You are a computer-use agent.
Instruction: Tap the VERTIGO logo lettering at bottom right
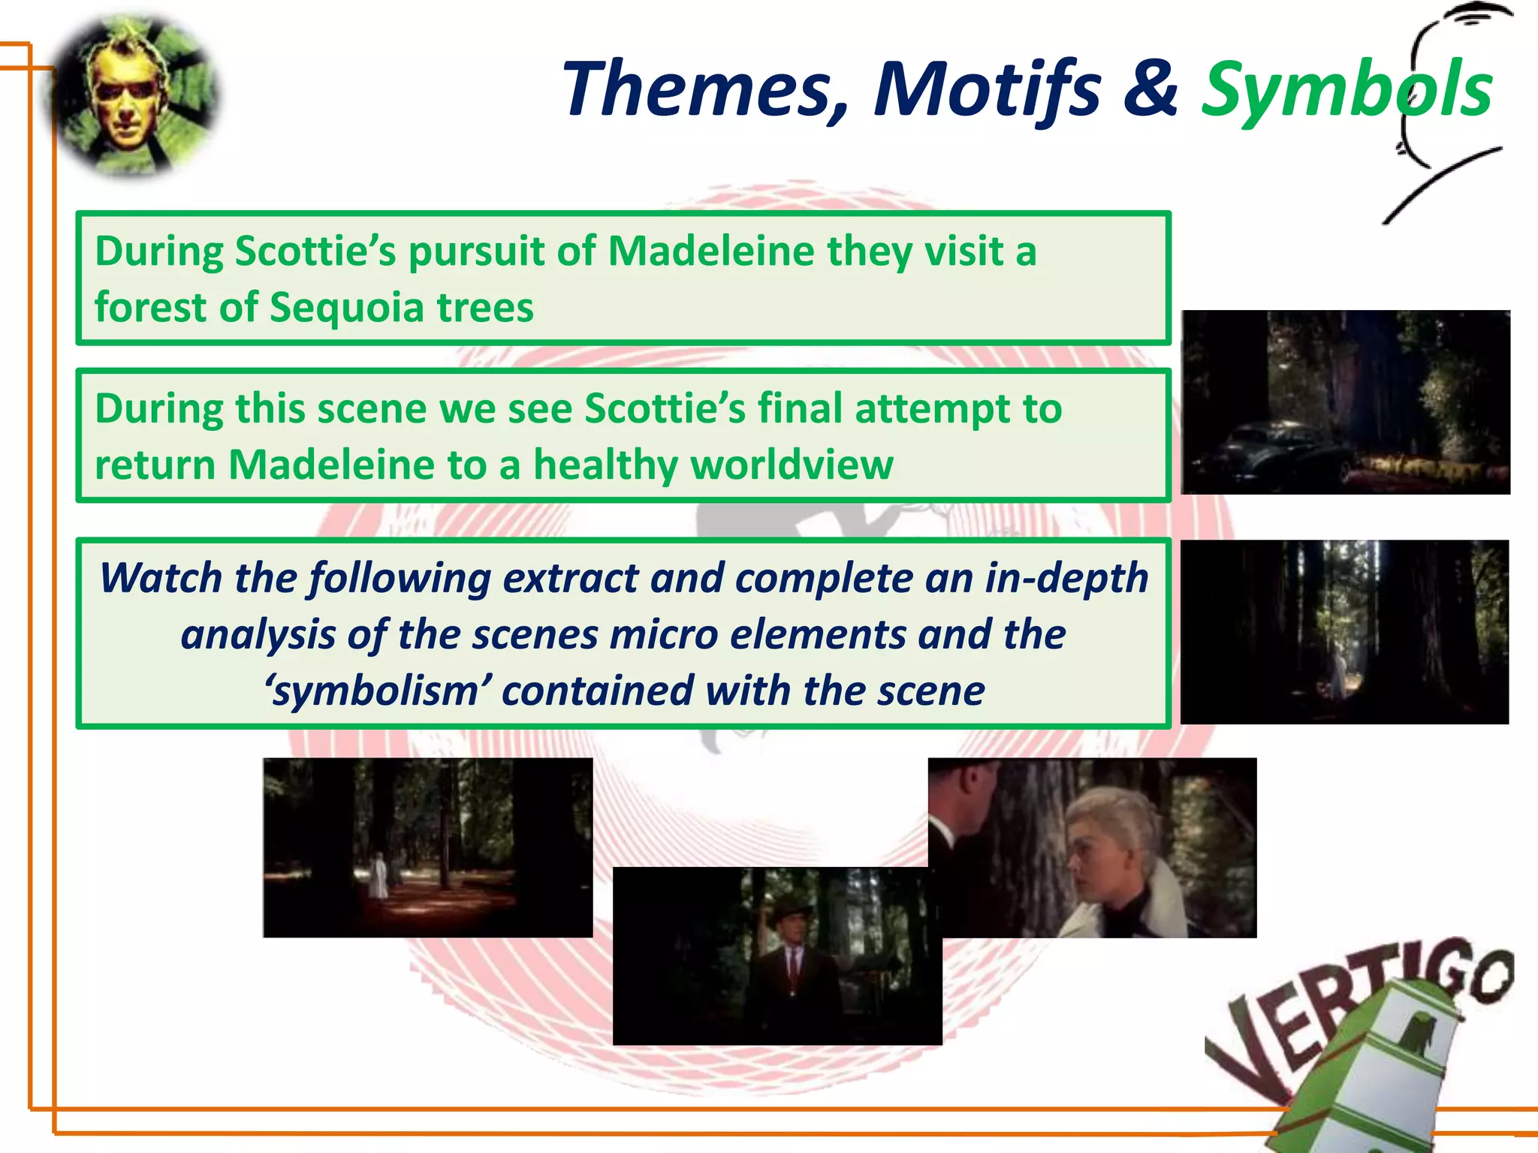[x=1352, y=1006]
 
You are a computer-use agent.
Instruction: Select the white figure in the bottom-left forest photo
[x=378, y=875]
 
